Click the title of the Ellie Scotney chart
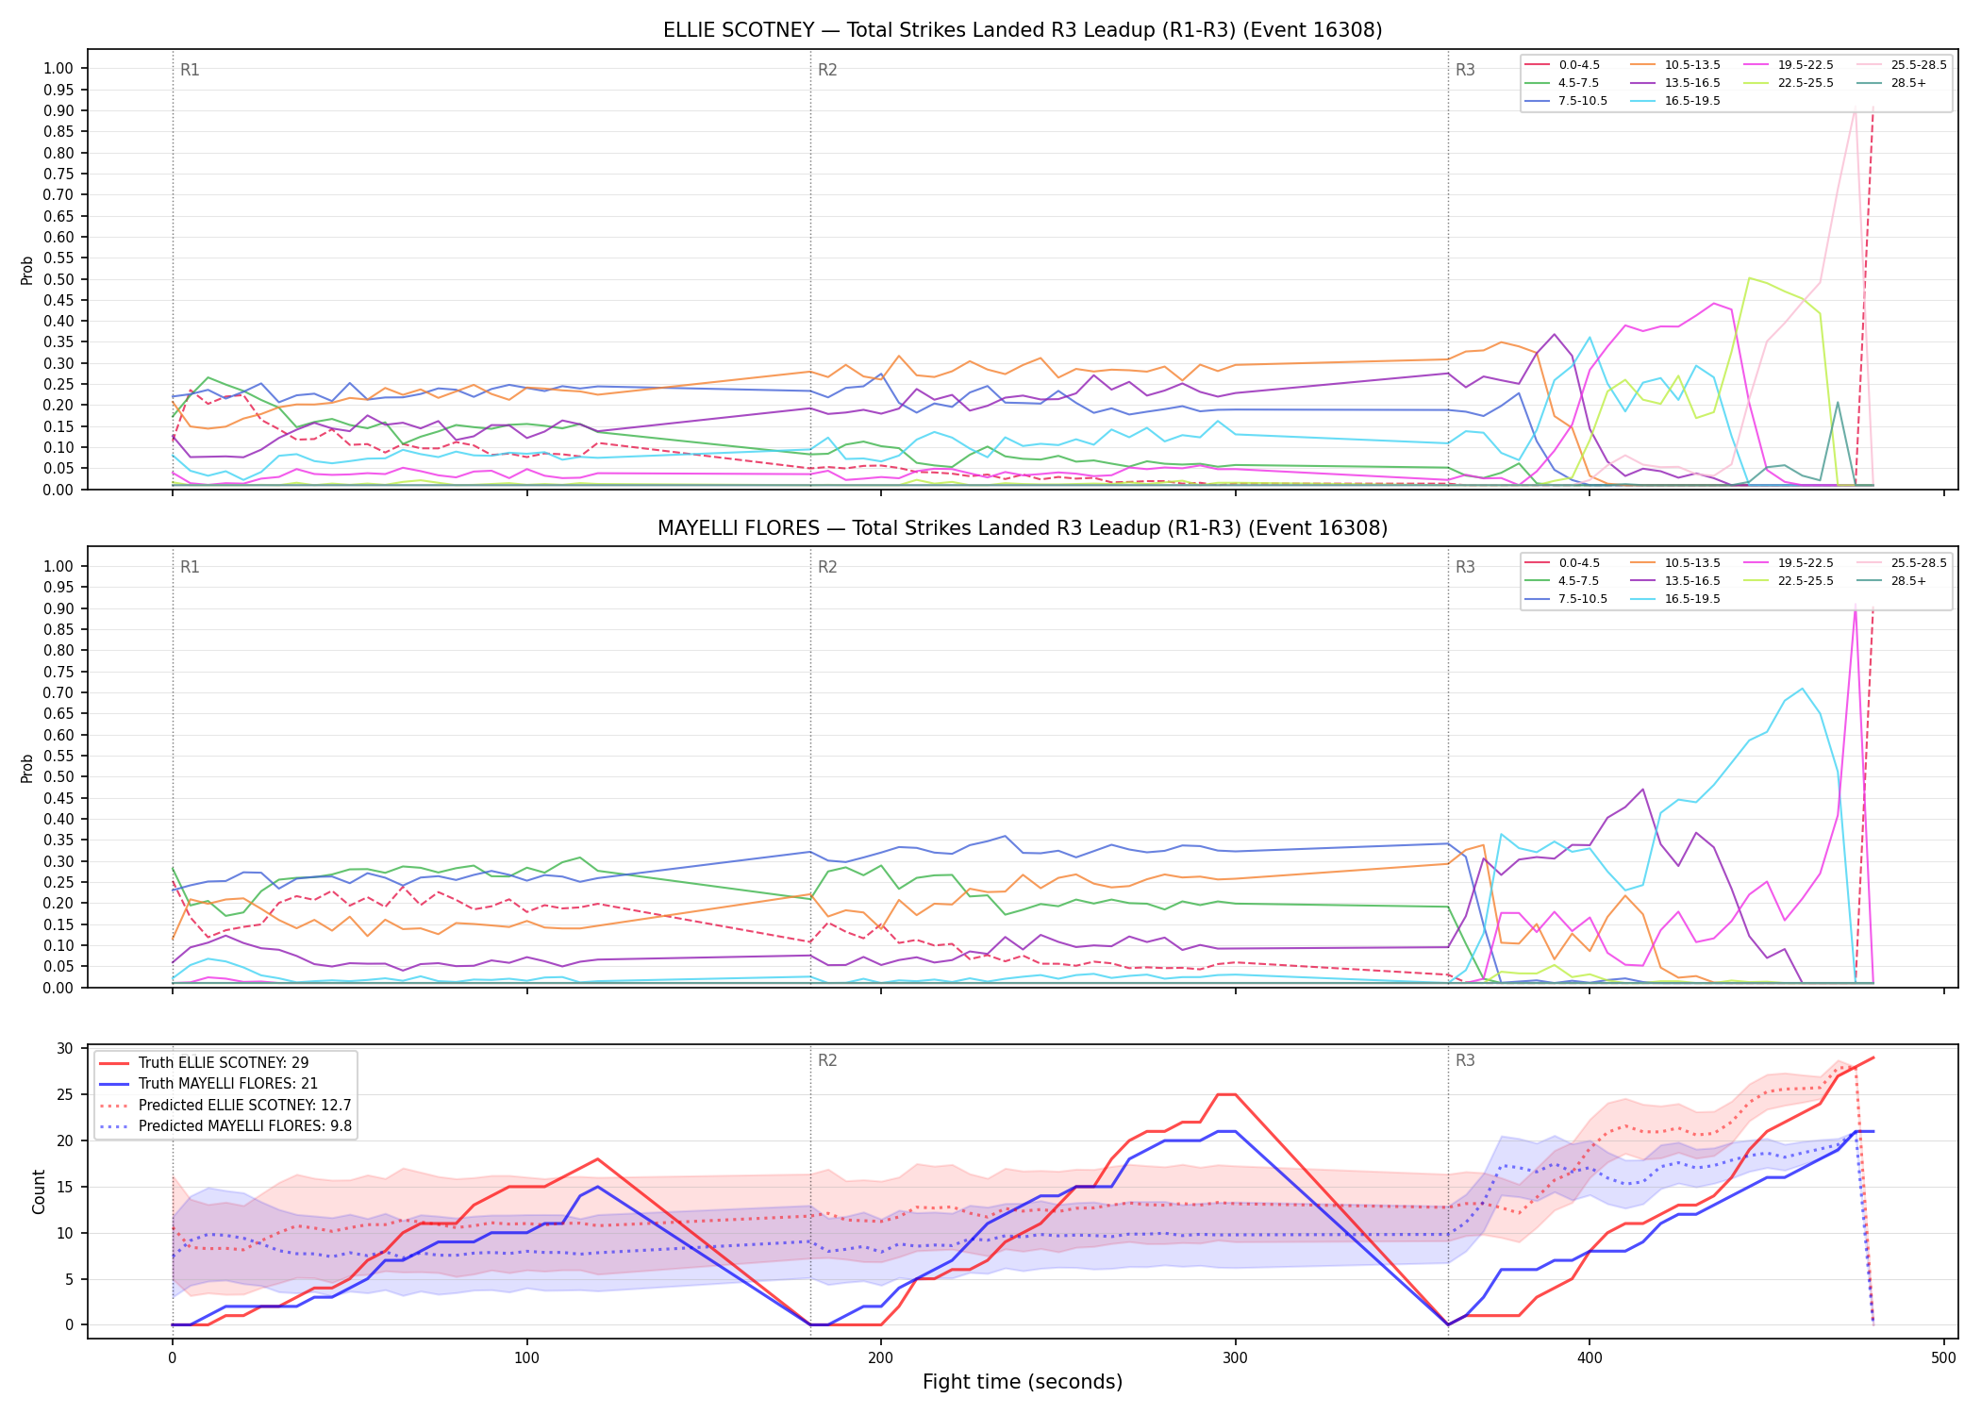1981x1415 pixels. pyautogui.click(x=1023, y=30)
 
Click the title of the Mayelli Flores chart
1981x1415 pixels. pyautogui.click(x=1023, y=528)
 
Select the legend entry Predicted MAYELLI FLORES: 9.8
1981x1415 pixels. pyautogui.click(x=225, y=1126)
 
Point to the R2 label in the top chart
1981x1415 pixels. pyautogui.click(x=827, y=70)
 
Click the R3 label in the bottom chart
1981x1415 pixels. pyautogui.click(x=1465, y=1060)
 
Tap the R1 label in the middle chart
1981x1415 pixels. pyautogui.click(x=190, y=567)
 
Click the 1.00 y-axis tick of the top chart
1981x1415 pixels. pyautogui.click(x=58, y=68)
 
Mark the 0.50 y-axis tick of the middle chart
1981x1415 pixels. pyautogui.click(x=58, y=777)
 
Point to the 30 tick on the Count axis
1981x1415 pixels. pyautogui.click(x=65, y=1048)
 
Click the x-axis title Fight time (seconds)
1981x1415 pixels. pyautogui.click(x=1023, y=1383)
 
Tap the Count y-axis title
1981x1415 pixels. pyautogui.click(x=39, y=1191)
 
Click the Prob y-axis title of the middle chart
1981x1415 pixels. pyautogui.click(x=27, y=768)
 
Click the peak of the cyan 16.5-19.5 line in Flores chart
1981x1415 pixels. pyautogui.click(x=1802, y=689)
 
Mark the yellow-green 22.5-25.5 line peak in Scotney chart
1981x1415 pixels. pyautogui.click(x=1749, y=277)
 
